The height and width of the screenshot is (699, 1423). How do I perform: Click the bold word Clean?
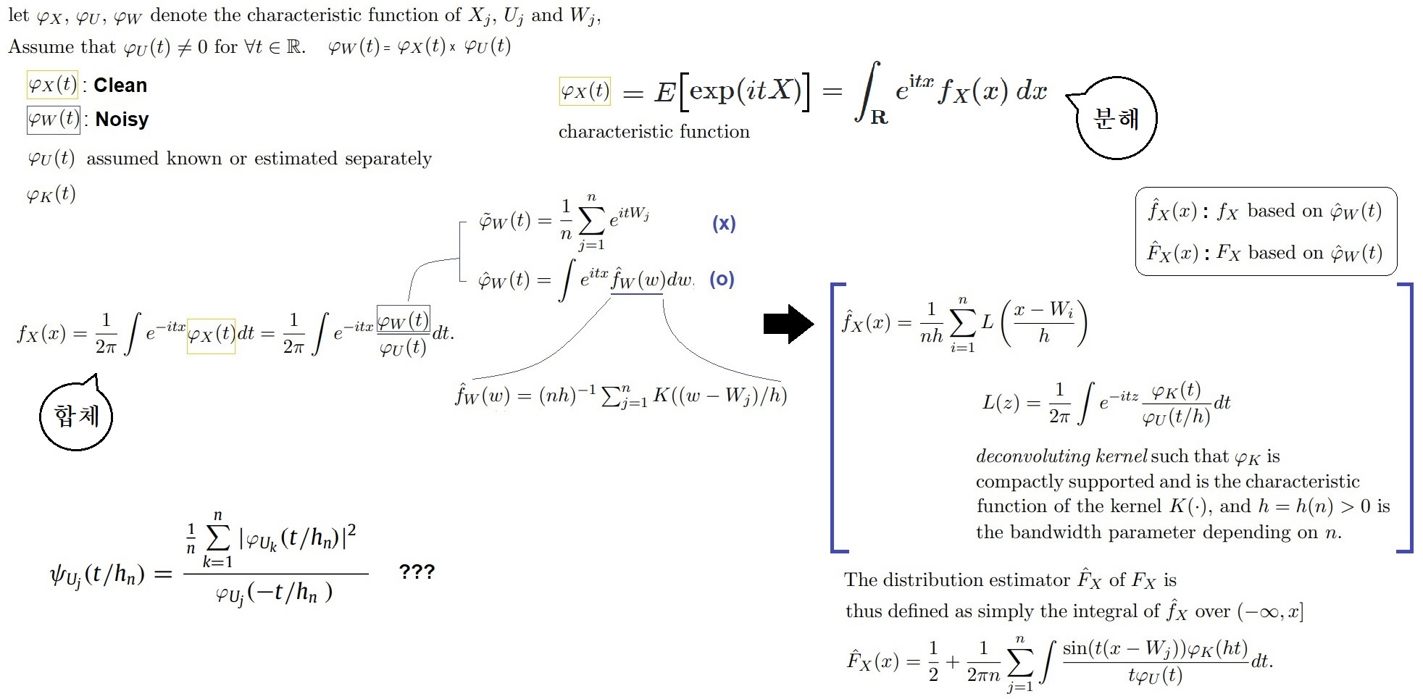point(120,85)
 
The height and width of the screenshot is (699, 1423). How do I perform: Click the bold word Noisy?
point(122,120)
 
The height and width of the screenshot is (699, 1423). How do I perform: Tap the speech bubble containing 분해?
point(1117,118)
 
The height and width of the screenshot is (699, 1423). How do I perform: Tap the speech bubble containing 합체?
point(76,416)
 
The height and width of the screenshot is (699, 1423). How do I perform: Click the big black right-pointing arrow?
point(788,324)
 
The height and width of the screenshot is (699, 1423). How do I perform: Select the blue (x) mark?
point(724,223)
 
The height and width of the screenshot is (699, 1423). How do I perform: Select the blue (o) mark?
point(722,279)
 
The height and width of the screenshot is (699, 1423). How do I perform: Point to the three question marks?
point(417,572)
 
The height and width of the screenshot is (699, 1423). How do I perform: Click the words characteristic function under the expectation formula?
point(654,132)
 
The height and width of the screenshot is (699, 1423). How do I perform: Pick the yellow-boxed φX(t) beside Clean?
point(52,85)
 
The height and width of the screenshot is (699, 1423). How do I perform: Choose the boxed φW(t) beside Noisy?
point(53,120)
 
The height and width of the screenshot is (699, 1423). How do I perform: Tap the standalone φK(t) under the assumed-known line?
point(51,194)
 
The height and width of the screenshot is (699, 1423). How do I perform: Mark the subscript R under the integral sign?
point(879,117)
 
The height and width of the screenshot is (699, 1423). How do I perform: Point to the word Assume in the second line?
point(41,47)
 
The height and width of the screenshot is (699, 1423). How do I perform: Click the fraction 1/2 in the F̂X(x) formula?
point(933,661)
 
